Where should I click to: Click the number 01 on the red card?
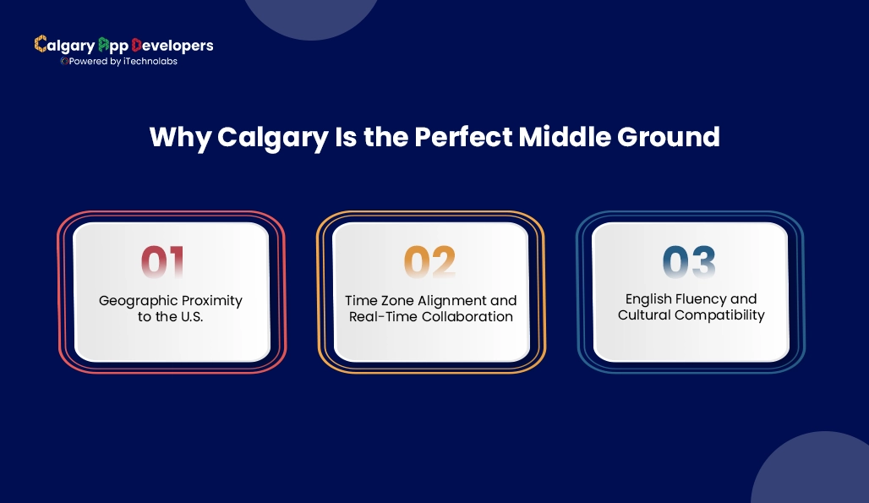tap(162, 263)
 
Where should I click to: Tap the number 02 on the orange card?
tap(429, 263)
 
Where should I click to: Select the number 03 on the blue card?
tap(690, 263)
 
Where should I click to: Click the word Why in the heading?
tap(180, 137)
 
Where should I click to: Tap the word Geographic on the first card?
tap(139, 301)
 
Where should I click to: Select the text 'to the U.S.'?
tap(172, 317)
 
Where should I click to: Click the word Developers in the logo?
tap(172, 45)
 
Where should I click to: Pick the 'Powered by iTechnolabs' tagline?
tap(120, 62)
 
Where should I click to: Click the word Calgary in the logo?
tap(64, 45)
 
